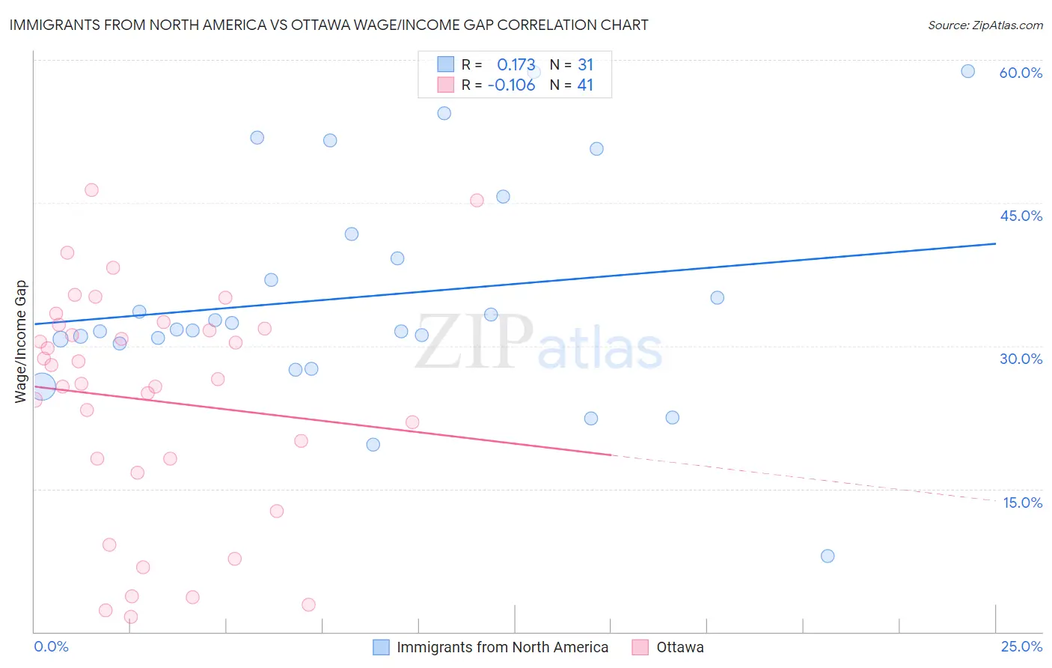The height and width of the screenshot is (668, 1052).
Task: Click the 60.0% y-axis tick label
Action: point(1021,73)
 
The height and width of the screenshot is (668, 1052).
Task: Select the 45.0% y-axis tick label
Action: point(1021,216)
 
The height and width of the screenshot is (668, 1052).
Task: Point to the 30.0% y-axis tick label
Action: point(1021,359)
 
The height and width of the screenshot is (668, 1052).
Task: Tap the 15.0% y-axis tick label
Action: point(1022,502)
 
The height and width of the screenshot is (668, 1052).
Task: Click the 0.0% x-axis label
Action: point(51,646)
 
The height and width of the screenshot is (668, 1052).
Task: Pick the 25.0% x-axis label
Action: point(1021,646)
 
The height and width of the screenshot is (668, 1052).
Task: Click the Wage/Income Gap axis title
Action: point(21,341)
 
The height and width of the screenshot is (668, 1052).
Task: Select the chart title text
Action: point(328,25)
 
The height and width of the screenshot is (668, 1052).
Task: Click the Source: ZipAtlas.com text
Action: point(985,25)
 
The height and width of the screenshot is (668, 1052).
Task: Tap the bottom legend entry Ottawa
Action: point(679,647)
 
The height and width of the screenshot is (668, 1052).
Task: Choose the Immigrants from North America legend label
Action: point(502,647)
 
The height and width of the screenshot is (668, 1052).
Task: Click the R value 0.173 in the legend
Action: point(516,64)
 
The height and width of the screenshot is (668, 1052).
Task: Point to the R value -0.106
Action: point(511,85)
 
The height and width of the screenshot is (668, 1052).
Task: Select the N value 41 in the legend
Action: point(585,85)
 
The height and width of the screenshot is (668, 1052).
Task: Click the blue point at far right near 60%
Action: point(967,71)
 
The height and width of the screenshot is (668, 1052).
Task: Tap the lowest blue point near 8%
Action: point(827,556)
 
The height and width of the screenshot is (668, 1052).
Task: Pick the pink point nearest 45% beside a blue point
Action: point(477,200)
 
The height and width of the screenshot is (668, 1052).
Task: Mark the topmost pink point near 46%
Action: point(91,189)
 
